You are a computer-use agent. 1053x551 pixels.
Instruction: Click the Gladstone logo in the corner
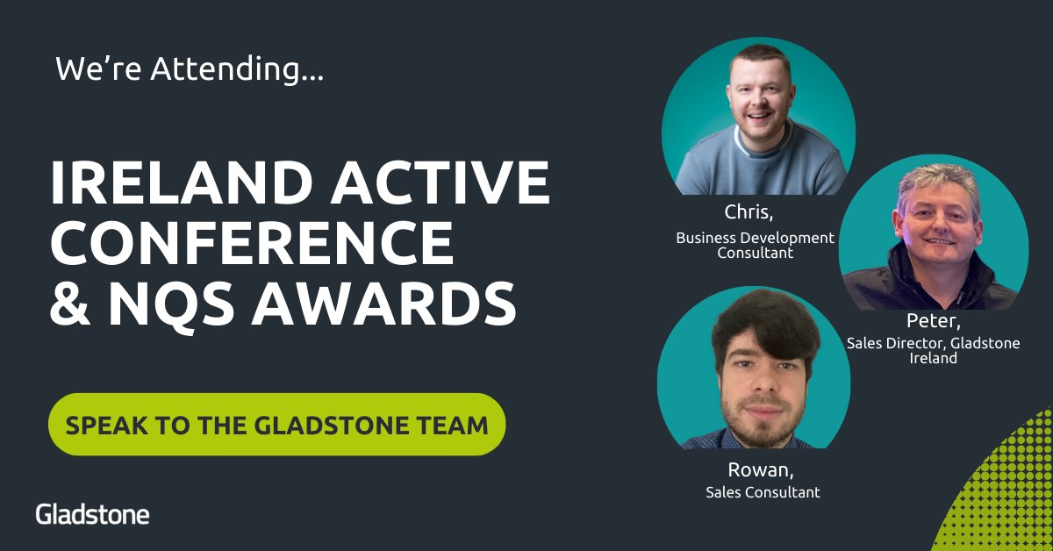pos(92,514)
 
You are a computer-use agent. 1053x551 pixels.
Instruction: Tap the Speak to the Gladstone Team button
pos(276,425)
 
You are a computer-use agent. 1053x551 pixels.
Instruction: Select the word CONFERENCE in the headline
pos(252,243)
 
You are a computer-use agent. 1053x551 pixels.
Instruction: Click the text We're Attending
pos(190,68)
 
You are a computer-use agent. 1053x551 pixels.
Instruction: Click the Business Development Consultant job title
pos(755,245)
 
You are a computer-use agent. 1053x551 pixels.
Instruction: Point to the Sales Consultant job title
pos(763,492)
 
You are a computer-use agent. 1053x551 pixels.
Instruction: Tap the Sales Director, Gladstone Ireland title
pos(933,350)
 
